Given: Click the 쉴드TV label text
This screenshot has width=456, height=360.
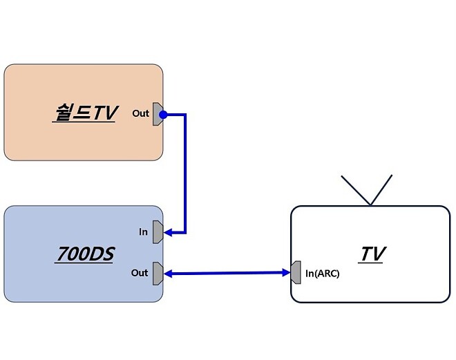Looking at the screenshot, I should (84, 113).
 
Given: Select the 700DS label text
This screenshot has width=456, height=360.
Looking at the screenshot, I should (84, 254).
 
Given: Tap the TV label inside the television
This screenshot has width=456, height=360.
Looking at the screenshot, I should (371, 254).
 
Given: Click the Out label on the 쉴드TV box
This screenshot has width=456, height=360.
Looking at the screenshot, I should (141, 113).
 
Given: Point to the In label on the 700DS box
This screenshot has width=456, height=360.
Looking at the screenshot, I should (143, 232).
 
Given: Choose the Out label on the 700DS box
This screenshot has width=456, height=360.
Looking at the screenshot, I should (140, 273).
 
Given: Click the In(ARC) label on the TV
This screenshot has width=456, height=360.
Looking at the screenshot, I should (322, 273).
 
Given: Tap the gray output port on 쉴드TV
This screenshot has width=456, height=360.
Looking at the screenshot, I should (158, 113).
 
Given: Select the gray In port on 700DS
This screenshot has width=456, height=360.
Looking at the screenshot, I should (158, 232).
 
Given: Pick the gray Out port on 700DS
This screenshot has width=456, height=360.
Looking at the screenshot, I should (158, 273).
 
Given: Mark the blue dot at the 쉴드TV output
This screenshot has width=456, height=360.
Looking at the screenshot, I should (164, 113).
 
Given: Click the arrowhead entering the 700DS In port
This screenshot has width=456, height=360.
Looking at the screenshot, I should (168, 232).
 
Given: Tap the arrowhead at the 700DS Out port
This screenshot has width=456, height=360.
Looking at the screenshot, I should (168, 274).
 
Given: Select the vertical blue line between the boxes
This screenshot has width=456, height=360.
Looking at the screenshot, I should (185, 173).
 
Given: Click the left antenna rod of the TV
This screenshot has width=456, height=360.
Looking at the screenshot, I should (357, 190).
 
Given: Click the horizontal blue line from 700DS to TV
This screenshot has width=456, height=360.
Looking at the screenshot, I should (228, 274).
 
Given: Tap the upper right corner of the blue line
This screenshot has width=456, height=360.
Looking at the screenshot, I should (185, 114).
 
